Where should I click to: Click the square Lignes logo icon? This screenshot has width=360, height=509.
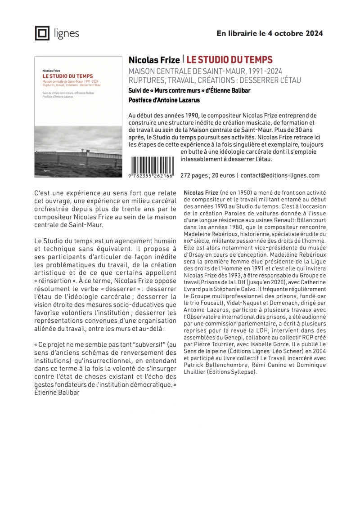tap(42, 33)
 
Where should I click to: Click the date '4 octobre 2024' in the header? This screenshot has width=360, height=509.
tap(297, 33)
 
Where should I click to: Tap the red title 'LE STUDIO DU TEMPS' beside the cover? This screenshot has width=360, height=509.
tap(229, 60)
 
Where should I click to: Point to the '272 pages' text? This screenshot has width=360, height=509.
tap(194, 175)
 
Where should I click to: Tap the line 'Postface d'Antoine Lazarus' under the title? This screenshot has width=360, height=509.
tap(164, 100)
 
